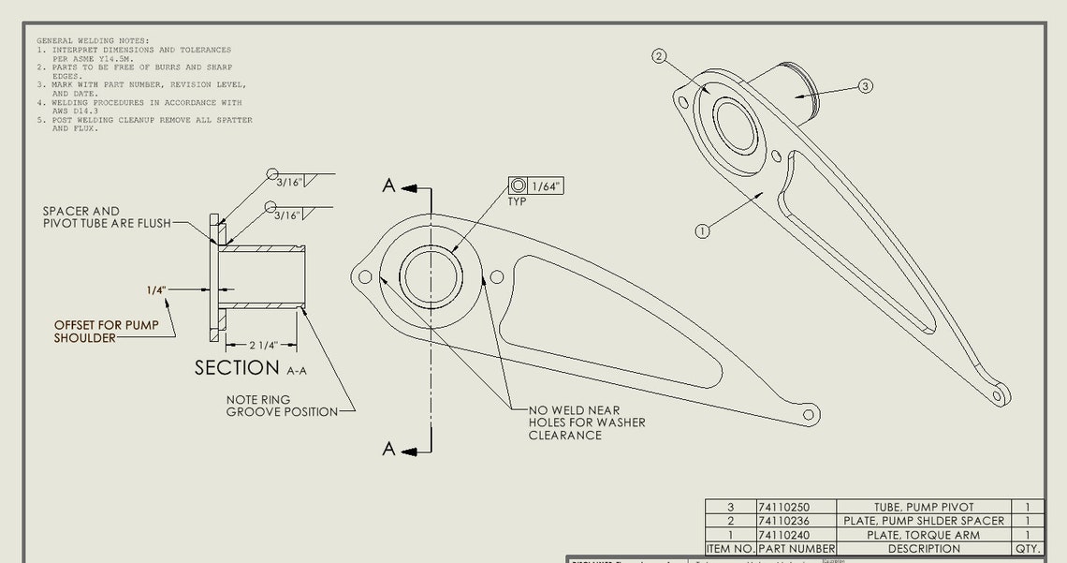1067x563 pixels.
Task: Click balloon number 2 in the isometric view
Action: coord(659,56)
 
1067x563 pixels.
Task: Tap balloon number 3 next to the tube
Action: coord(866,86)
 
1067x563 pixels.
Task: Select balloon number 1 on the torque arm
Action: coord(703,230)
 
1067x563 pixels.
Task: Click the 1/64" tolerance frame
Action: coord(535,185)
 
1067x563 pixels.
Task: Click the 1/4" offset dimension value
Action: coord(156,290)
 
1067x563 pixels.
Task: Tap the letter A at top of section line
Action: coord(389,185)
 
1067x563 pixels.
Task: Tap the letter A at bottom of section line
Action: coord(389,449)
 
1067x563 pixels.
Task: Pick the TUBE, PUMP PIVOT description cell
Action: coord(924,507)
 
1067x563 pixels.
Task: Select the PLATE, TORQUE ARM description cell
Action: coord(924,535)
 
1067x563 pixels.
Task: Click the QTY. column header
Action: coord(1027,549)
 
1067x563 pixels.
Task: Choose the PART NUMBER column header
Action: coord(796,549)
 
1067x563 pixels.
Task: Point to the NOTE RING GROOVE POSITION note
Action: coord(271,406)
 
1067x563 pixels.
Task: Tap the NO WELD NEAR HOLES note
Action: coord(587,422)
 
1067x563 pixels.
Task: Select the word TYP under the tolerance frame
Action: coord(518,201)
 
